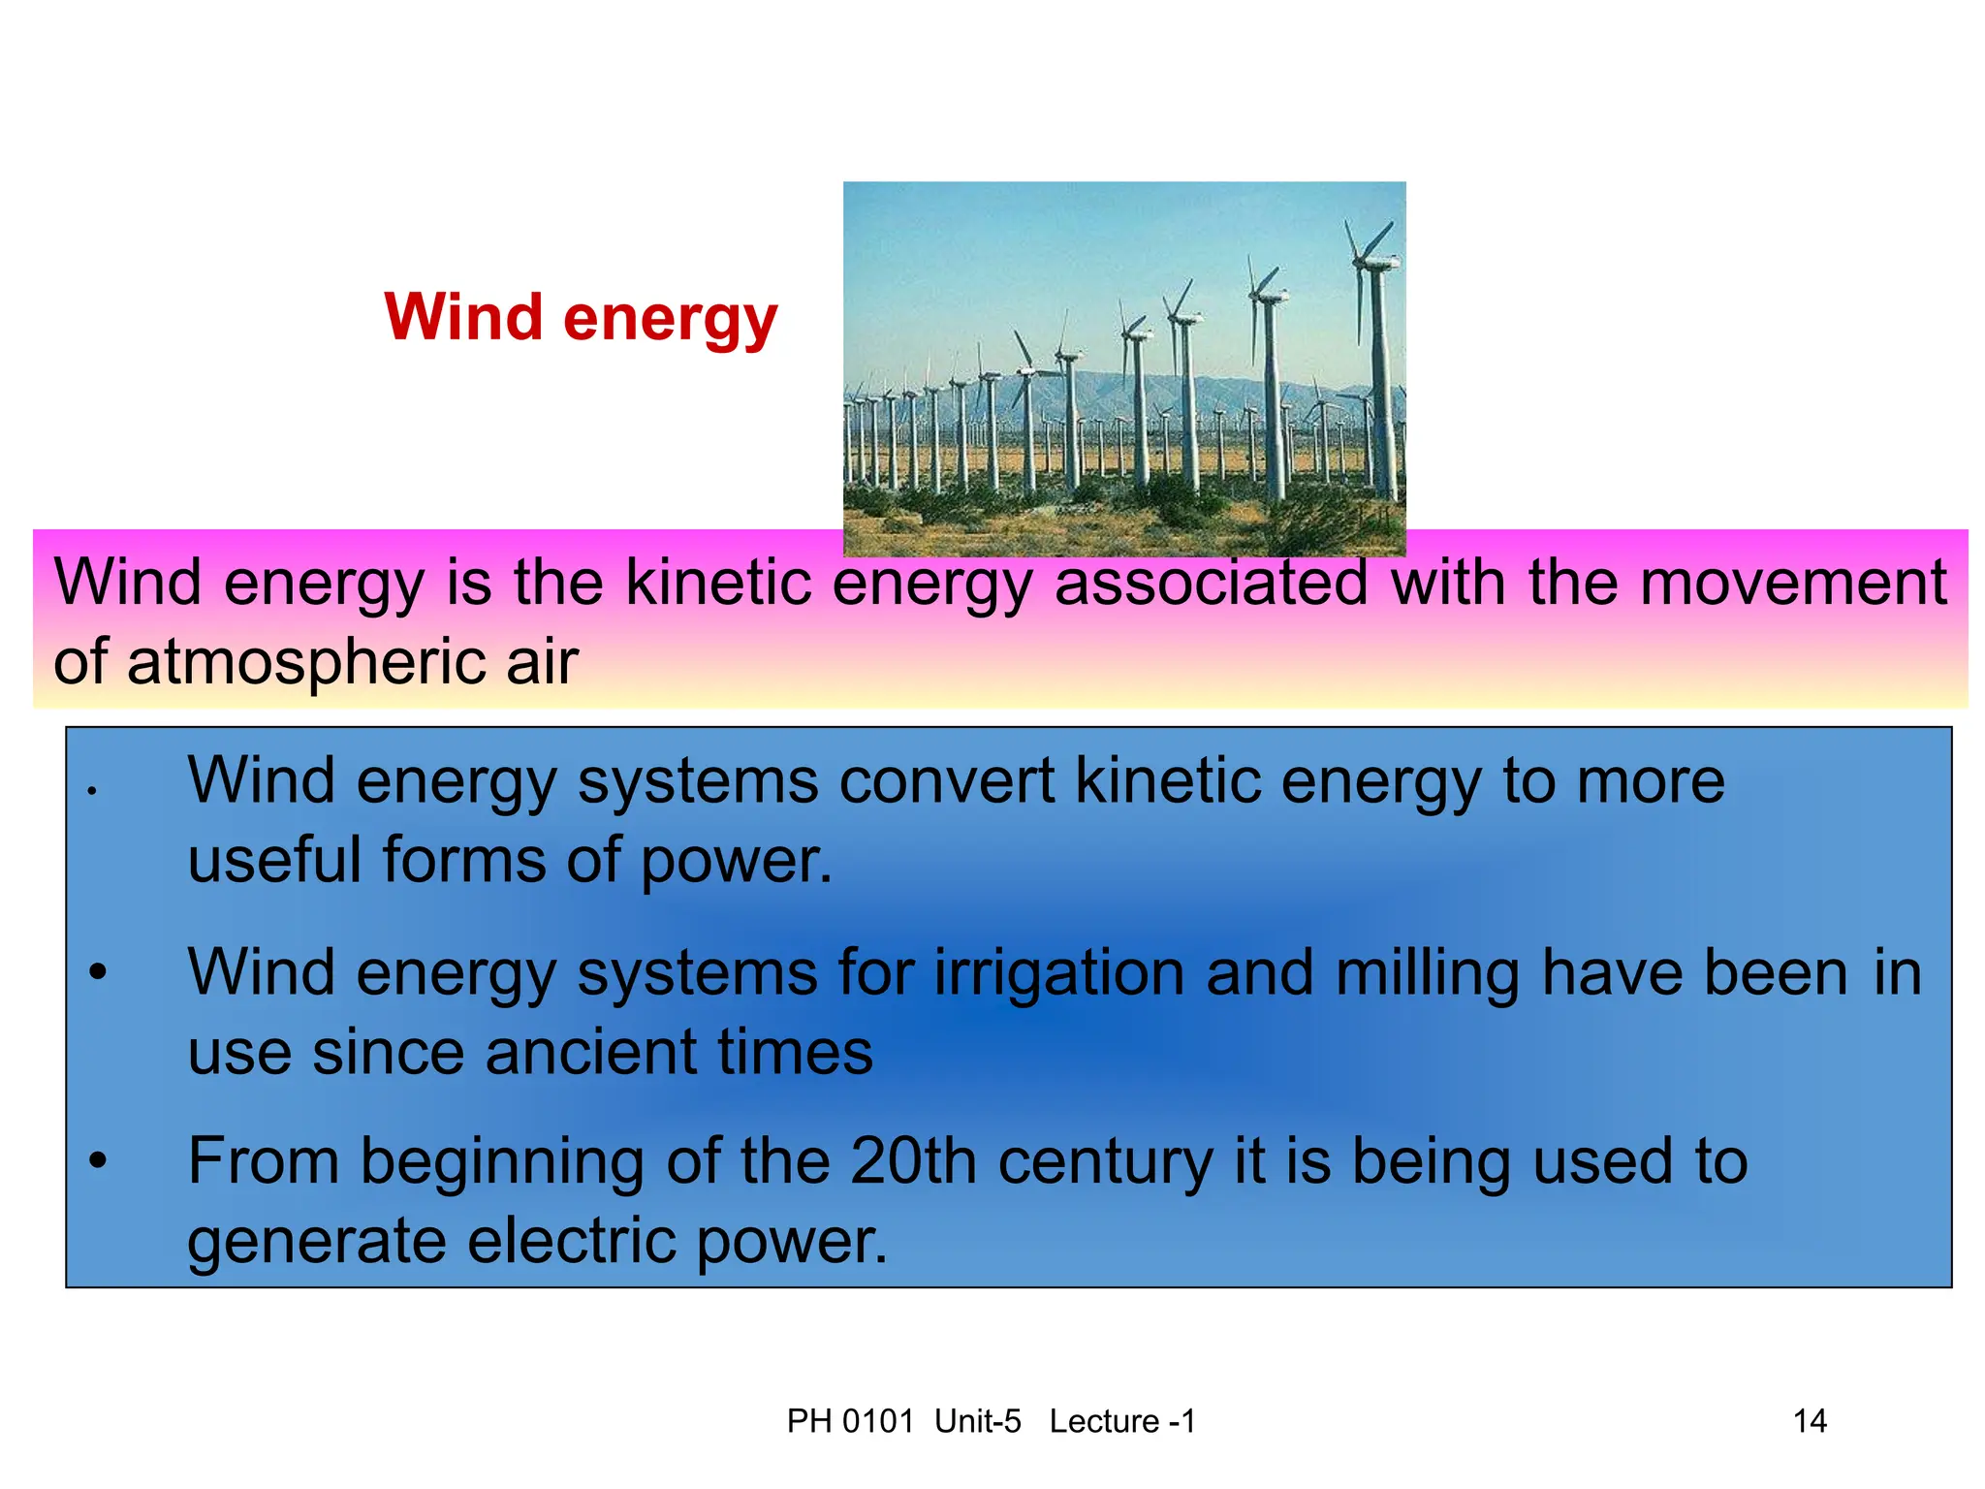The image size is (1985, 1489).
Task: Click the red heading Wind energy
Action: [x=581, y=317]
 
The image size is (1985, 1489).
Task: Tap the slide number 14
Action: [x=1809, y=1421]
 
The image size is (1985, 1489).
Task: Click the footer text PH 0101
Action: [x=850, y=1421]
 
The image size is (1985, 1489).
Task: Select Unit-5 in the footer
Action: [x=977, y=1421]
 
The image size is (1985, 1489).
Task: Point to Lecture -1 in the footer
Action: [x=1122, y=1421]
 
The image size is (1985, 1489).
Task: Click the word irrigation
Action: [x=1058, y=973]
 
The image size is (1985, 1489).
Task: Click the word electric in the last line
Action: [x=572, y=1241]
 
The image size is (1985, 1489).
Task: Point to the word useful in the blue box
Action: [x=274, y=861]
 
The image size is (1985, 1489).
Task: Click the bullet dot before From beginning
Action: [x=97, y=1160]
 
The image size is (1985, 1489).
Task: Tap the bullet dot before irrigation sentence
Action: [x=97, y=971]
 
